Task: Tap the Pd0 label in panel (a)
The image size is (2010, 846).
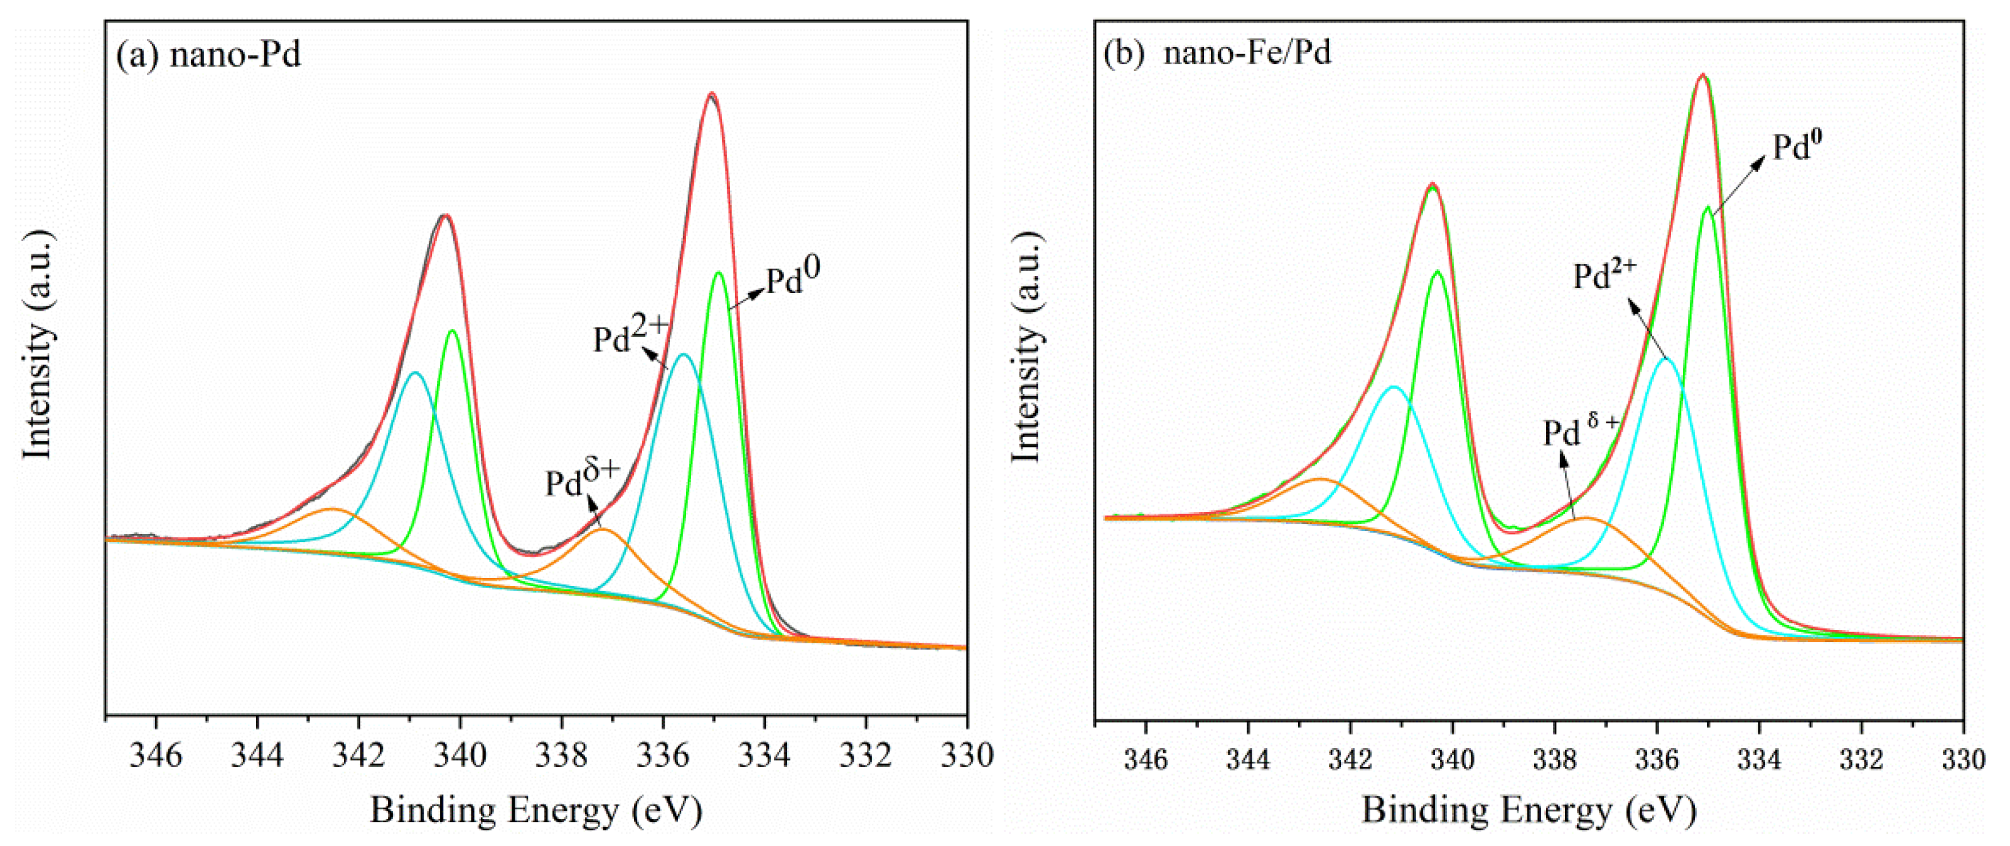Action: coord(793,279)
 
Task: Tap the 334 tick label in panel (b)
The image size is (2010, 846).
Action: coord(1760,759)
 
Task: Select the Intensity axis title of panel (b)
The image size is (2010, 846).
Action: coord(1026,347)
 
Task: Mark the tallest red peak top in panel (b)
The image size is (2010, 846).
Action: coord(1702,76)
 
